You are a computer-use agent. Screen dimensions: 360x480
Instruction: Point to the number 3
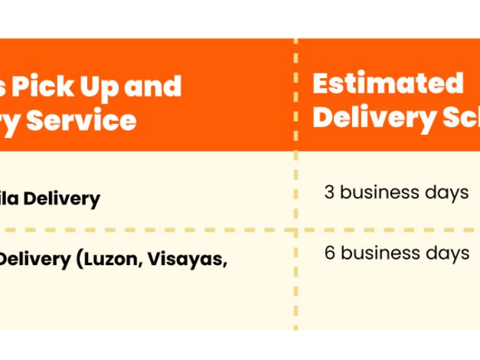329,192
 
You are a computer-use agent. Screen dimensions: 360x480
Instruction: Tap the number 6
329,253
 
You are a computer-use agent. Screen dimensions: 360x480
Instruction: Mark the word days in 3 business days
446,193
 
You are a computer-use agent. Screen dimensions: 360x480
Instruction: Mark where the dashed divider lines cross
296,229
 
